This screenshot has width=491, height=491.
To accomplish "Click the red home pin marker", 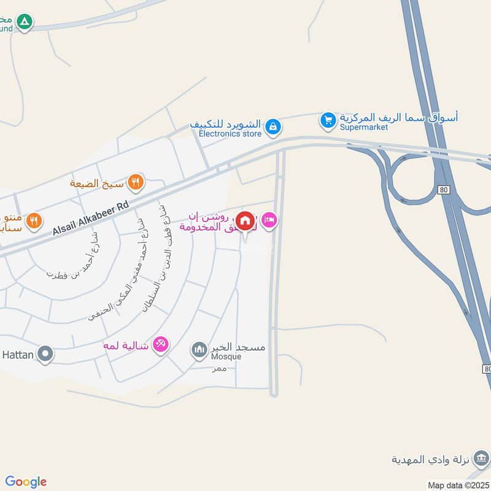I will pos(245,221).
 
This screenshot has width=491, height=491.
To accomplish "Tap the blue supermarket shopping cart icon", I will pos(328,120).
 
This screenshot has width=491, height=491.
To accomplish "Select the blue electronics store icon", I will pos(274,127).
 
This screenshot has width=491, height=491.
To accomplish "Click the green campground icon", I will pos(24,23).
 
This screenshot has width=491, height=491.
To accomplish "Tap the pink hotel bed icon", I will pos(269,220).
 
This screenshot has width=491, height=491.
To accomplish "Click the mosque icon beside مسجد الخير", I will pos(199,350).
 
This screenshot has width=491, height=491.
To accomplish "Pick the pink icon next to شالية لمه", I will pos(161,345).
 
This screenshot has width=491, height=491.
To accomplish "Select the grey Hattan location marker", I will pos(45,354).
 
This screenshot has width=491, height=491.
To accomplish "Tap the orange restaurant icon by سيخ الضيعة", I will pos(136,182).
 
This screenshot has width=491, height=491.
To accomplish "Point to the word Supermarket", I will pos(364,127).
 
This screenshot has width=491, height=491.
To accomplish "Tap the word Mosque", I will pos(226,357).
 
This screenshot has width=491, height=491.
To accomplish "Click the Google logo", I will pos(26,482).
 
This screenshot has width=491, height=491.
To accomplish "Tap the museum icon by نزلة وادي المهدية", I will pos(482,458).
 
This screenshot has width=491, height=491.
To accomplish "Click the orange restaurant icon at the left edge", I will pos(34,220).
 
